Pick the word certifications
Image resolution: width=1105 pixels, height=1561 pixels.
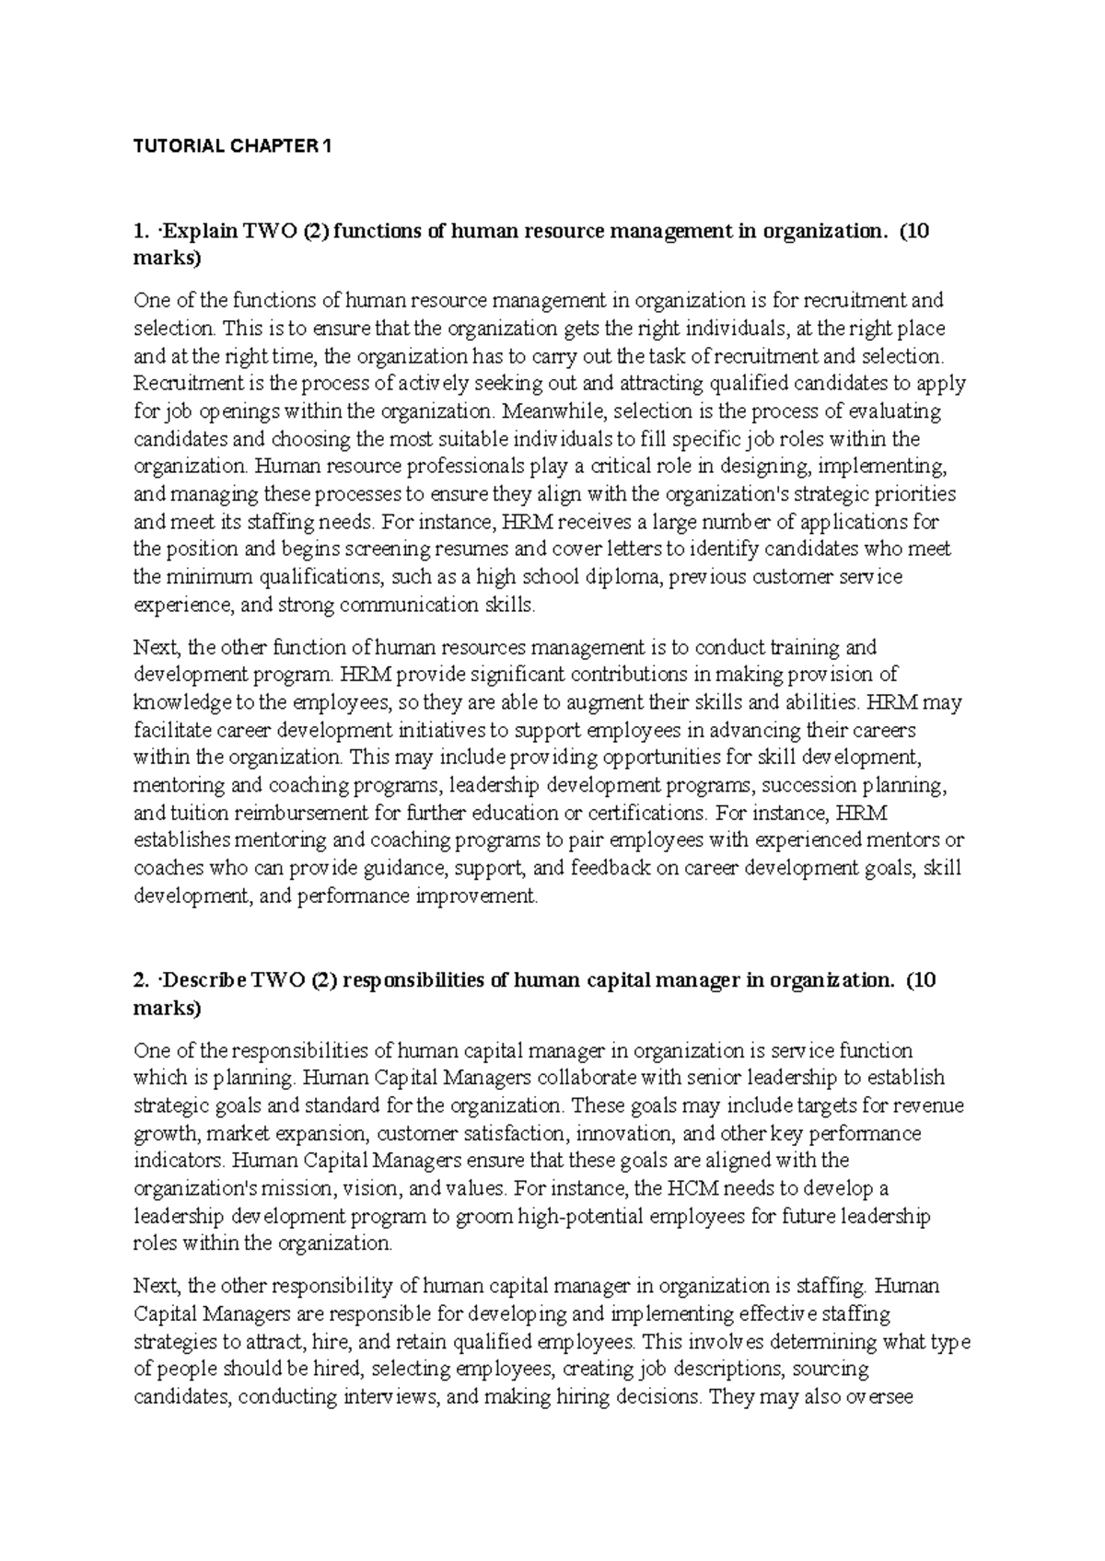pyautogui.click(x=646, y=813)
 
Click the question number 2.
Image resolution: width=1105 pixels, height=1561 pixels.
pyautogui.click(x=140, y=980)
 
